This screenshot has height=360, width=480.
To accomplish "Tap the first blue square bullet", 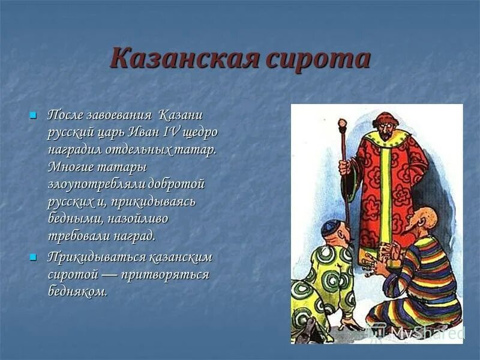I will [x=34, y=114].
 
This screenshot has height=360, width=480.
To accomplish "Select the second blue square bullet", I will [x=34, y=257].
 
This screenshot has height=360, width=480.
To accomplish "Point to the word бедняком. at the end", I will [x=78, y=292].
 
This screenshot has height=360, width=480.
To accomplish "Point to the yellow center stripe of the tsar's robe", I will [x=385, y=186].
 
